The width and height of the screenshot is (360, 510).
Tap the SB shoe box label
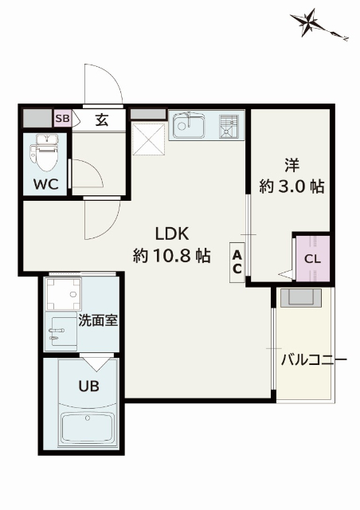(x=62, y=120)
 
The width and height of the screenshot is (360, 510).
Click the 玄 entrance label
(x=102, y=120)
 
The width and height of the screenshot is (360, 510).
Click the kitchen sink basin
(x=190, y=125)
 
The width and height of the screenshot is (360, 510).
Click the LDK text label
(x=170, y=233)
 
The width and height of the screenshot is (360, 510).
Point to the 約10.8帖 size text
(x=170, y=257)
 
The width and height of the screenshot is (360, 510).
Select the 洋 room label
(x=291, y=165)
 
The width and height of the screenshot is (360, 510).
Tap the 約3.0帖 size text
(x=291, y=186)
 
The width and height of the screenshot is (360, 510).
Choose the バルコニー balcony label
(x=313, y=359)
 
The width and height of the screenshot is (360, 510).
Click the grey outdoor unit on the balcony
(x=303, y=298)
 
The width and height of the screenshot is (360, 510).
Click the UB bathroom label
(x=88, y=384)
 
